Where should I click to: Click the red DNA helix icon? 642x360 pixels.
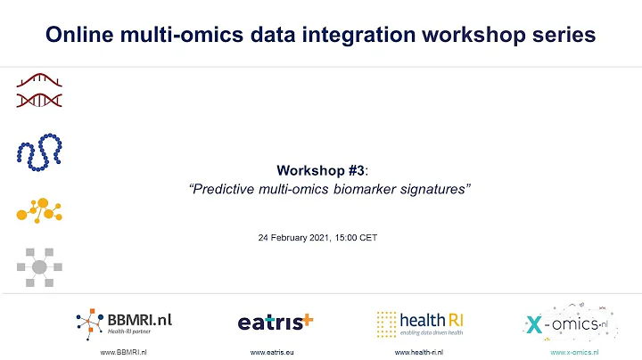[x=38, y=91]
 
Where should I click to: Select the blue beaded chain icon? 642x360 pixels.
[x=38, y=151]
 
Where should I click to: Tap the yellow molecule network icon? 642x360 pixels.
[x=38, y=209]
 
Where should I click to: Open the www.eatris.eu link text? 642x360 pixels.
[x=273, y=353]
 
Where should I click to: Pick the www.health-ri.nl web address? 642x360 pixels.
[x=419, y=353]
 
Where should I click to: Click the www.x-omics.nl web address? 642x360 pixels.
[x=574, y=353]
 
